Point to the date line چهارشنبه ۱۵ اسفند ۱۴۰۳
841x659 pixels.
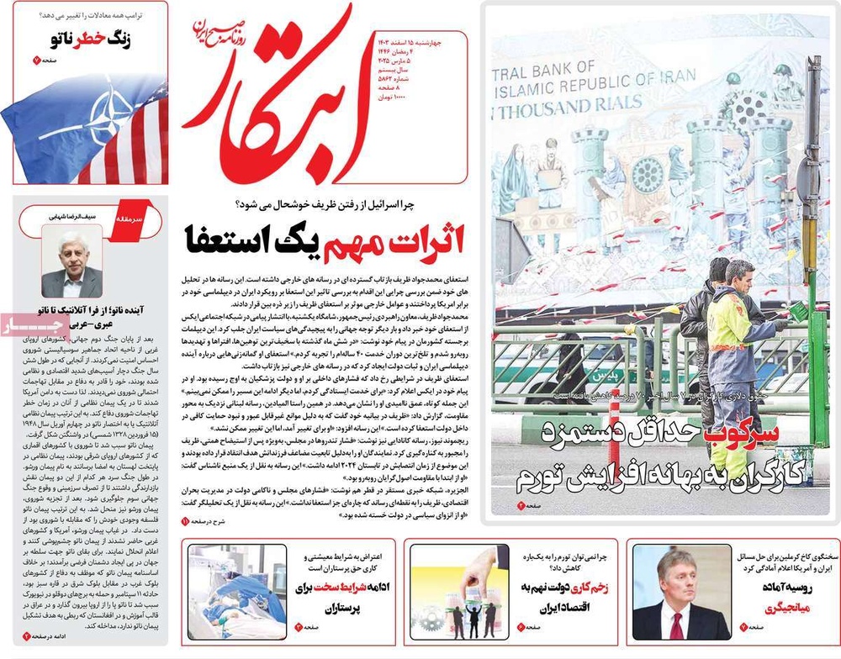411,40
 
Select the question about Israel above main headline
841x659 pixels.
336,206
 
